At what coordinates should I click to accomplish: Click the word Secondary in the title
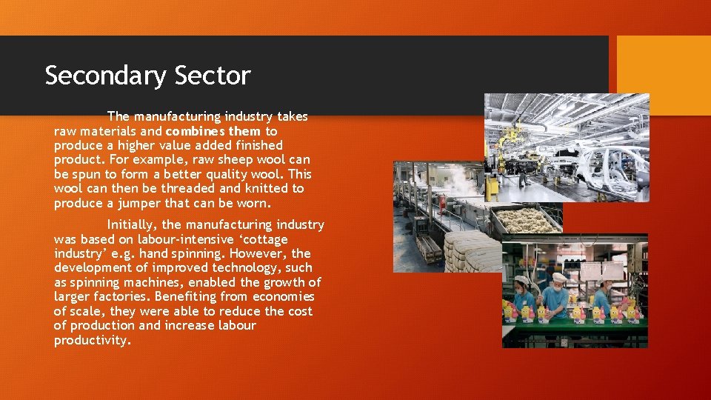click(107, 76)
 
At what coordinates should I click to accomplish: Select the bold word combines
click(195, 131)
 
